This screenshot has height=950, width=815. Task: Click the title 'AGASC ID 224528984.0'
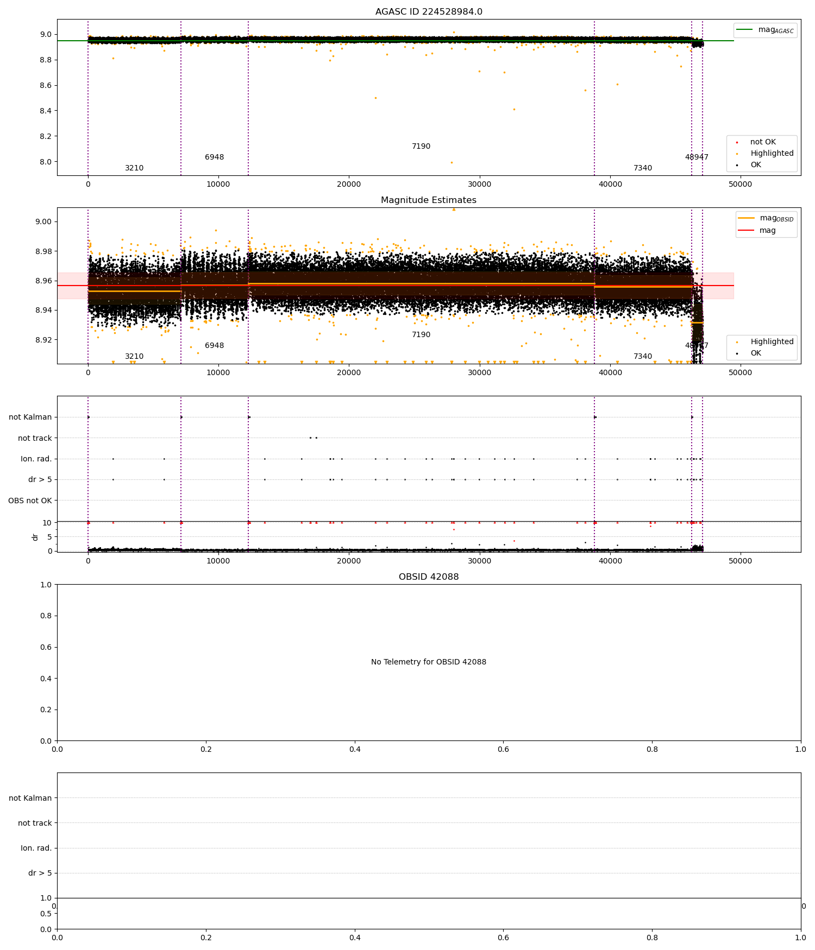(x=428, y=12)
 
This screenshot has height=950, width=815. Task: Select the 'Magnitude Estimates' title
(x=428, y=200)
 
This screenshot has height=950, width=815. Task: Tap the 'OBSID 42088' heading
(x=428, y=577)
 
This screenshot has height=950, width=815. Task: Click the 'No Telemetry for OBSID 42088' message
(x=428, y=662)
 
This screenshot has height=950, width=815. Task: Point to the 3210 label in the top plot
(x=134, y=168)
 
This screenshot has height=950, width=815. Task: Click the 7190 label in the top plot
(x=421, y=147)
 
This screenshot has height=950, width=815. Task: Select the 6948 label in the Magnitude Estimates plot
(x=214, y=346)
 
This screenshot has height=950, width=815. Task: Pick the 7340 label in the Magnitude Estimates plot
(x=643, y=357)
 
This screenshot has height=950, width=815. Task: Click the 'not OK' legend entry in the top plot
(x=762, y=142)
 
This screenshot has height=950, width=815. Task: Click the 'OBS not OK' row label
(x=30, y=501)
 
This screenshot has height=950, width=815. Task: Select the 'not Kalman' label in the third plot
(x=30, y=417)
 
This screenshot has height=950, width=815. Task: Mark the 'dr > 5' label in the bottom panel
(x=40, y=873)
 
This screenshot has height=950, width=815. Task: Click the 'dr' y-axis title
(x=35, y=537)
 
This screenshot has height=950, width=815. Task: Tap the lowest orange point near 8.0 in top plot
(x=451, y=162)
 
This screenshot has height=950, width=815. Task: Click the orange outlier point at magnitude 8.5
(x=375, y=98)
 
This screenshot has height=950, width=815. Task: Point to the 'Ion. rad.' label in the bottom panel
(x=36, y=848)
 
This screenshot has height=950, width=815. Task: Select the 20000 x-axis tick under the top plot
(x=349, y=184)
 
